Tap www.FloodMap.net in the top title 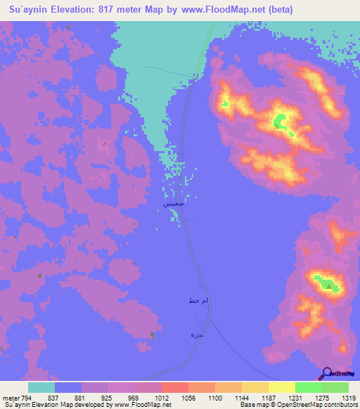coord(219,10)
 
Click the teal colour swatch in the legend coord(41,387)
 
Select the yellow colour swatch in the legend coord(281,387)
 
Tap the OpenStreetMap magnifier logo coord(327,373)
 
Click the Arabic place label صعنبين coord(175,203)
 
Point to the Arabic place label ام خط coord(198,301)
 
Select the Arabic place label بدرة coord(198,335)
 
